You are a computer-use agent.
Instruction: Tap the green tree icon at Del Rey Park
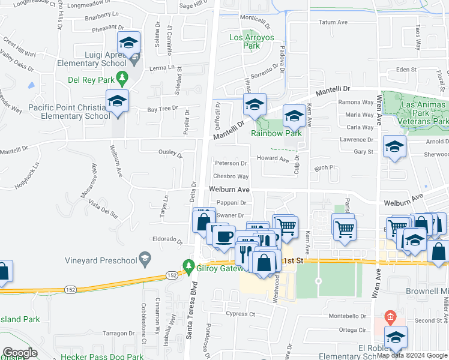tap(122, 77)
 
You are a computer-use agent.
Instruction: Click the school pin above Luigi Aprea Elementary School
tap(128, 43)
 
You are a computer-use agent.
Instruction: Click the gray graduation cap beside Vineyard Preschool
tap(145, 259)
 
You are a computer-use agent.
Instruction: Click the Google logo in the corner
tap(20, 353)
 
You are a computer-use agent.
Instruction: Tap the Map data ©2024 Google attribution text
tap(412, 355)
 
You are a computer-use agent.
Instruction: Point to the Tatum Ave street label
tap(333, 22)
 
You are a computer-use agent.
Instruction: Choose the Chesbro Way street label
tap(231, 176)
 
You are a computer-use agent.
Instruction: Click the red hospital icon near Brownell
tap(390, 316)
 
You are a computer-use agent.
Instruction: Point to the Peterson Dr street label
tap(231, 163)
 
